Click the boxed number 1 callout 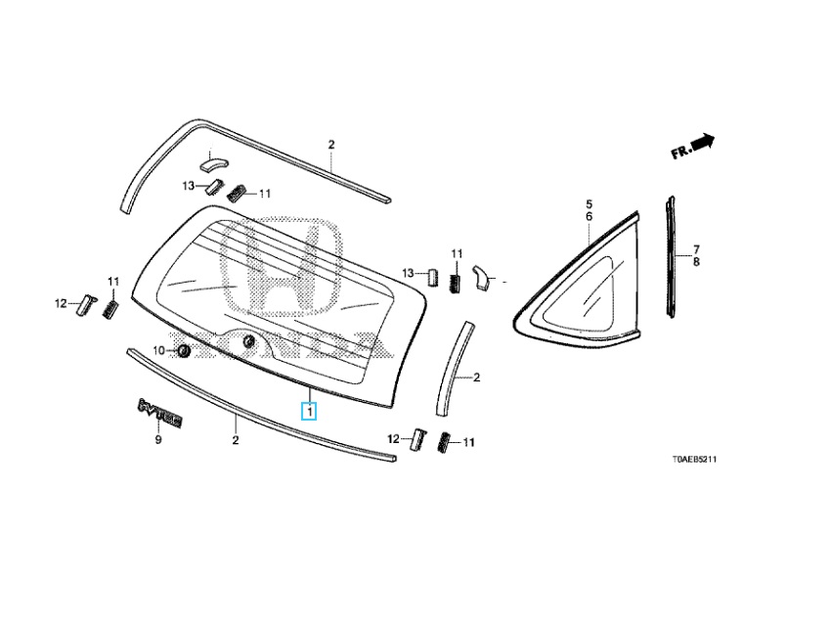pos(309,412)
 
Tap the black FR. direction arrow pos(702,143)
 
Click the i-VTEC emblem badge pos(160,411)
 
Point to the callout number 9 pos(157,441)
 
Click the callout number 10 pos(159,350)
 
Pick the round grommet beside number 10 pos(182,350)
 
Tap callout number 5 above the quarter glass pos(590,204)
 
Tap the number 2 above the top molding pos(330,145)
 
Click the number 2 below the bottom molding pos(236,441)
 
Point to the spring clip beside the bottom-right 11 pos(445,442)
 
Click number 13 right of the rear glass pos(409,272)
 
